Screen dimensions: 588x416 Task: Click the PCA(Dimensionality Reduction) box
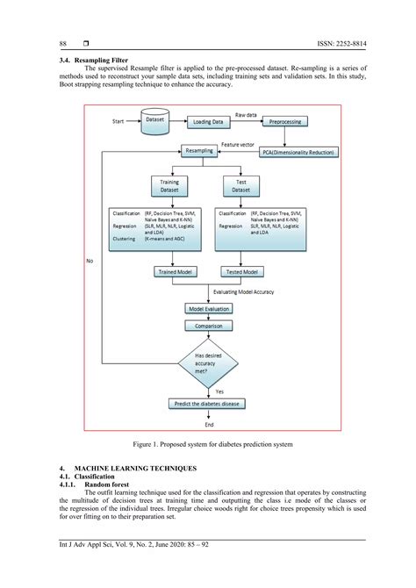[296, 152]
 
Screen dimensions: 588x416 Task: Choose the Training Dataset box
[169, 187]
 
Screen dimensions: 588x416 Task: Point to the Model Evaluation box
[208, 309]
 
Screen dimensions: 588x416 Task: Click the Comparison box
[208, 326]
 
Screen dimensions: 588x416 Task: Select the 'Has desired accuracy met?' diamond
[208, 362]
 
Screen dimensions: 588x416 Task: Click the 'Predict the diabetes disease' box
[208, 404]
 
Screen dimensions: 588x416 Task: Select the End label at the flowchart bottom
[209, 424]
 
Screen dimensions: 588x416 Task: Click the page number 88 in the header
[63, 43]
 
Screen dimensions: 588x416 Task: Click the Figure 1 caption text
[208, 446]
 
